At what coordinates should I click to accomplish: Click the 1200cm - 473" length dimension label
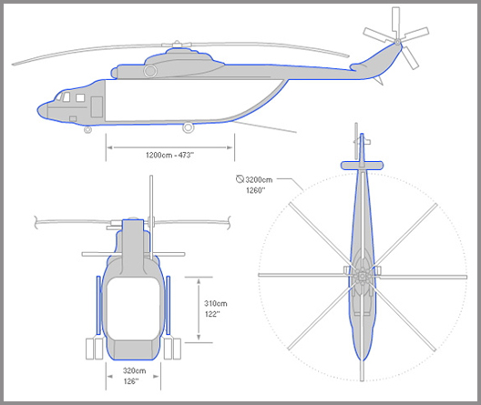169,155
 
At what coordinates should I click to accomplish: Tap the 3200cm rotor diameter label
259,179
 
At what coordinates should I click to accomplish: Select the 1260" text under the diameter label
255,190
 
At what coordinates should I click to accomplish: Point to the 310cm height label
216,304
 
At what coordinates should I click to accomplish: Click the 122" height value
212,314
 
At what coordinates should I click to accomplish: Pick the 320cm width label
134,370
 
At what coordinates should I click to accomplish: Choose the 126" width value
131,381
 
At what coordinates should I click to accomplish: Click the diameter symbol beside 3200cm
240,179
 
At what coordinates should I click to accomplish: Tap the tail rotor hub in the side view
397,41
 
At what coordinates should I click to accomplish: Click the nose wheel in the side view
87,130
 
